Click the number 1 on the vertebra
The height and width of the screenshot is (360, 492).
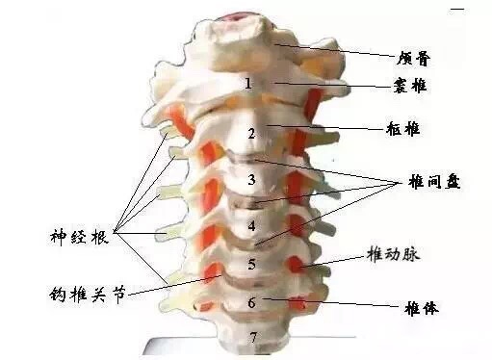(x=248, y=84)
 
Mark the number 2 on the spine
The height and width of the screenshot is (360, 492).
(x=251, y=133)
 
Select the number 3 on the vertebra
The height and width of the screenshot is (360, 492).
(x=251, y=179)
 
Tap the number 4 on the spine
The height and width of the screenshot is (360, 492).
(x=251, y=227)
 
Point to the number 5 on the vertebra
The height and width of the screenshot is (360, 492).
(x=251, y=263)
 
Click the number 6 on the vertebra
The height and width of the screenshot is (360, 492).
(x=251, y=302)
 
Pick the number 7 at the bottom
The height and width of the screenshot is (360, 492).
(x=253, y=337)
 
